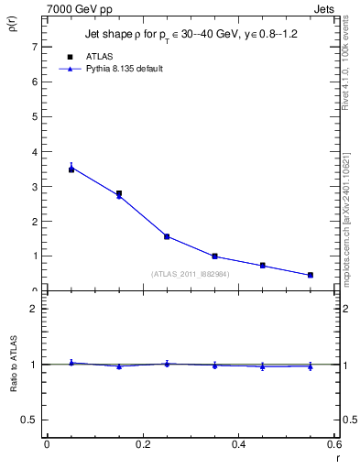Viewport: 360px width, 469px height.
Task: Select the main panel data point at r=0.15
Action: pos(119,194)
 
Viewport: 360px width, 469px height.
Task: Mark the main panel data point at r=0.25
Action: pos(167,236)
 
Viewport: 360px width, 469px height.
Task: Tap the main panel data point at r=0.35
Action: pos(214,256)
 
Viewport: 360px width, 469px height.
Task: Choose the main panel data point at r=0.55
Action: pos(311,275)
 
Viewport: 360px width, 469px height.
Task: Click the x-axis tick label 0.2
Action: pos(142,444)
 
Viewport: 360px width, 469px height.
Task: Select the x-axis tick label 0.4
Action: pos(238,444)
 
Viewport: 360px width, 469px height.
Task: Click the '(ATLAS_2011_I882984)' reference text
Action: pos(190,274)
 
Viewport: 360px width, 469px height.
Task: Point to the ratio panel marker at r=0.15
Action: pos(119,366)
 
